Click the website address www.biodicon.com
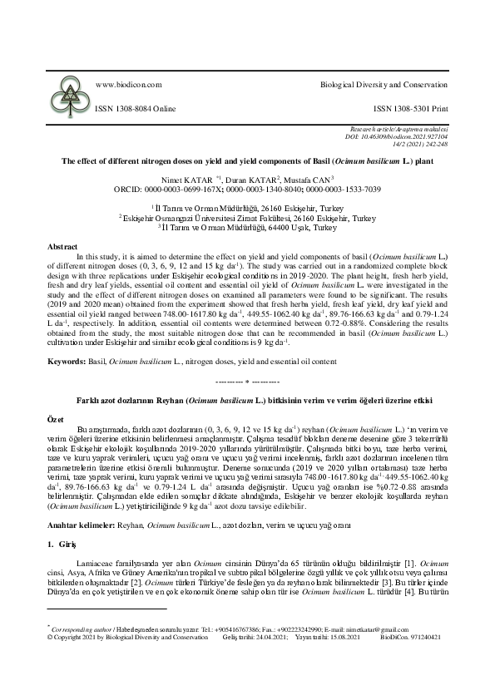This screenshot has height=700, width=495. point(129,85)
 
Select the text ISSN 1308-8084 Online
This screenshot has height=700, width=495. point(136,108)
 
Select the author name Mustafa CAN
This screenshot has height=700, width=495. point(307,178)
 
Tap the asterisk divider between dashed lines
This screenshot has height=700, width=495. point(247,381)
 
